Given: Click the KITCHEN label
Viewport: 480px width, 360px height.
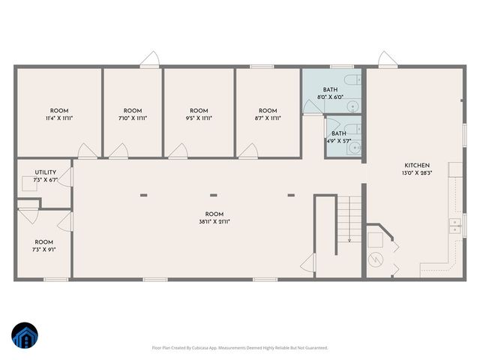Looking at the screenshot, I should point(417,165).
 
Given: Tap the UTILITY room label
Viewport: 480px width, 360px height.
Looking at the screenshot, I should point(34,172).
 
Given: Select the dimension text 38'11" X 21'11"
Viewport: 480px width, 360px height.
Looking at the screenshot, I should point(214,221).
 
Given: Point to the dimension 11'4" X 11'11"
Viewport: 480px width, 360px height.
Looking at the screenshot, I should point(59,118).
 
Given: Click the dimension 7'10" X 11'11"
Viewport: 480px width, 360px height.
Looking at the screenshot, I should point(132,118).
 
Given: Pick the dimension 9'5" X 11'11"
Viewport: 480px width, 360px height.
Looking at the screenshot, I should point(199,118).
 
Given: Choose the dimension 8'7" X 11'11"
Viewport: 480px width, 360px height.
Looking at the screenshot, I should point(268,118).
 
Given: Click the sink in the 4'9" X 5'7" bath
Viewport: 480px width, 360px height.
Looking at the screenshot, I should point(352,148).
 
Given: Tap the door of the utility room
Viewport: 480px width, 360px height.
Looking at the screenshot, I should point(67,176).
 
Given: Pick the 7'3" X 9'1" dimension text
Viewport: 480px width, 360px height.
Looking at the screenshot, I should point(44,250).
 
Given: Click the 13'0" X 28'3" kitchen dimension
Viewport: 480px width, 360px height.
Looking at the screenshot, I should point(417,173).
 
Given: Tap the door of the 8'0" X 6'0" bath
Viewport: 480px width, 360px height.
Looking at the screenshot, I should point(311,107).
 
